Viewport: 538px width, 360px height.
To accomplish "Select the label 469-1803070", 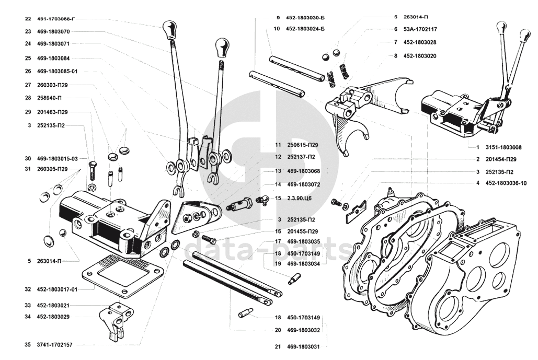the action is point(53,31).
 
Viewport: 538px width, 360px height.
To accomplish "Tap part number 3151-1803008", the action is point(503,147).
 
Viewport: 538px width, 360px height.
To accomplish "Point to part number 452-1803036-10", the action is point(506,183).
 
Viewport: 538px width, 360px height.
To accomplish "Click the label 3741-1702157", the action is point(54,345).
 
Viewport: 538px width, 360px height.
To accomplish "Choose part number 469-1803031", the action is point(303,346).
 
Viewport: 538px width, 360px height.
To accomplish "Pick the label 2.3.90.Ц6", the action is point(300,198).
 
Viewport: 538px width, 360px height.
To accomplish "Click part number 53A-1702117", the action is point(420,29).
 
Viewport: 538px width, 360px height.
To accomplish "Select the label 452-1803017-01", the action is point(57,289).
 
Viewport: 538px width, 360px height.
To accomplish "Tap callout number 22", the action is point(28,19).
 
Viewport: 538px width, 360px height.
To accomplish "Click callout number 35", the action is point(28,345).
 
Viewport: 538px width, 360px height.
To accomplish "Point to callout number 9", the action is point(278,17).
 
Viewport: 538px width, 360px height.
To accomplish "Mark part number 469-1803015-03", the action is point(58,159).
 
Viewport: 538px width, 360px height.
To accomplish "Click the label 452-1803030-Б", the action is point(305,17).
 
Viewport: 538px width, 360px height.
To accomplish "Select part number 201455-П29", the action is point(303,231).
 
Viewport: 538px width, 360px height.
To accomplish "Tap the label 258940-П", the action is point(49,98).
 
